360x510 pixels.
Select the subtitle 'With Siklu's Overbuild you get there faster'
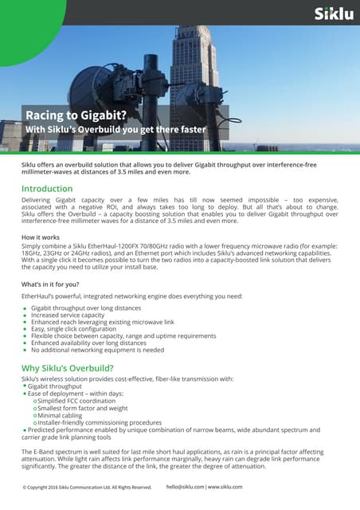[x=115, y=130]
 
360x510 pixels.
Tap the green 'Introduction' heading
[x=52, y=189]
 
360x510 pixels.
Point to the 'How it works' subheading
[x=41, y=238]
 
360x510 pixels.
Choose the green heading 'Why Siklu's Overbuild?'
[x=76, y=367]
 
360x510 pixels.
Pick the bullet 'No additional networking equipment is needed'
[x=98, y=349]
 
